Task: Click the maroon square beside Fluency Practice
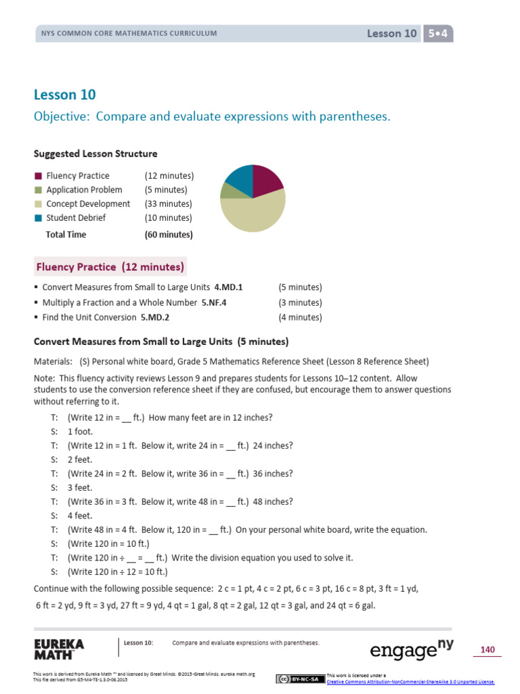39,176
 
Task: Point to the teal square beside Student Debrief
39,218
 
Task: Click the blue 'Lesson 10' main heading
65,95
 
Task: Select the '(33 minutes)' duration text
168,204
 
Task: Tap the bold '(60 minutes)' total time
169,234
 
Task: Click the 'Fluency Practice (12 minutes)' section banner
110,267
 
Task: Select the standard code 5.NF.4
214,303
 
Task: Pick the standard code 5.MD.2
155,317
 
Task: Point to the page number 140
487,650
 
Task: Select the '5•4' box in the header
437,33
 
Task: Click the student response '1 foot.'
81,432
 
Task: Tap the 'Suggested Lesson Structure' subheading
95,154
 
